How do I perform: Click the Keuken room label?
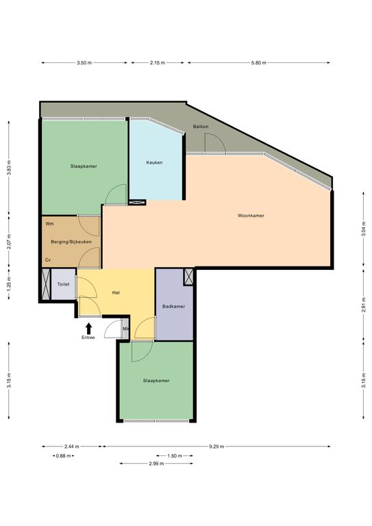pos(154,162)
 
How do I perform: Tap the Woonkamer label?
pos(251,216)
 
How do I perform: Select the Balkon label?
pos(201,127)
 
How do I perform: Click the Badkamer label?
pos(173,306)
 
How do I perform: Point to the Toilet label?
pos(64,284)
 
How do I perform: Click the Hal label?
pos(116,292)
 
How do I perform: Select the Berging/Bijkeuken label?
pos(71,242)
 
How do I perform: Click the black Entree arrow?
pos(88,329)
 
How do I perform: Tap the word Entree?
pos(88,338)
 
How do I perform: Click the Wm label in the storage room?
pos(49,223)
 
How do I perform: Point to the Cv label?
pos(48,260)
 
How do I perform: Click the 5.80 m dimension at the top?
pos(259,63)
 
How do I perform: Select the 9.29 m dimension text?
pos(216,447)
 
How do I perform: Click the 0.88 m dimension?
pos(64,456)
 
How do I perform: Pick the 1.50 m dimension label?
pos(175,456)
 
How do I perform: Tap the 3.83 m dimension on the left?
pos(9,168)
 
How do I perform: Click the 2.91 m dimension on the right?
pos(364,305)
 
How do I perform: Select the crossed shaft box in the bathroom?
pos(189,277)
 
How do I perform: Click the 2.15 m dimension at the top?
pos(158,63)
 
